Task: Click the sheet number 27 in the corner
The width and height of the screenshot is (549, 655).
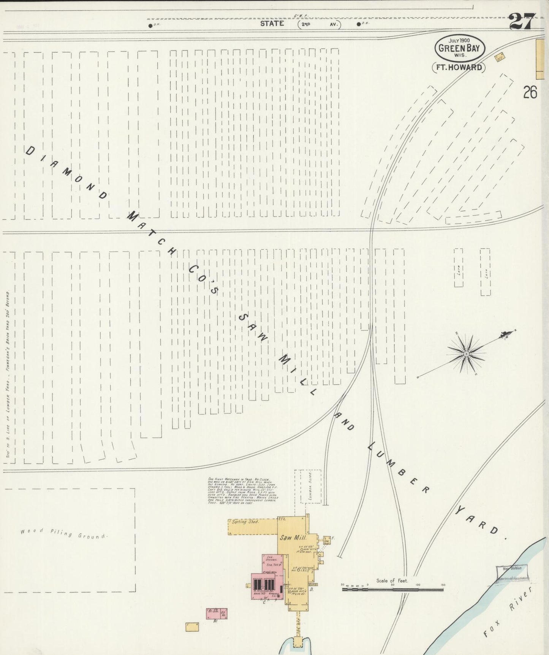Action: click(522, 21)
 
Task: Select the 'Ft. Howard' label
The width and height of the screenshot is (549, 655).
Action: click(459, 68)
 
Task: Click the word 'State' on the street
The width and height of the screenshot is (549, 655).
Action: click(272, 24)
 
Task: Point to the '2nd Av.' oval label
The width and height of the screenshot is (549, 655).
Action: click(319, 24)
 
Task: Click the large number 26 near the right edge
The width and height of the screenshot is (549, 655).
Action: click(530, 92)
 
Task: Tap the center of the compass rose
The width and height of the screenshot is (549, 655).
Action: click(466, 354)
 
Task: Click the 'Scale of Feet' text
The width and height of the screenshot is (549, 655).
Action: click(392, 580)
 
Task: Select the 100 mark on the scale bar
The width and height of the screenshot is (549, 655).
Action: click(418, 585)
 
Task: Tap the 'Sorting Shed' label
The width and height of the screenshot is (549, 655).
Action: click(245, 522)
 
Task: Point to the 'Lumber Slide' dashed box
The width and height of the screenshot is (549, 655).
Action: click(311, 487)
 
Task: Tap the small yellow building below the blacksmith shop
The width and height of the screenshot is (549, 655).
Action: click(192, 627)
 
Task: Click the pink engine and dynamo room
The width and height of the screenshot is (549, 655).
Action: click(272, 563)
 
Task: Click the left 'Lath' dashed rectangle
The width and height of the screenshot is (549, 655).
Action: click(459, 268)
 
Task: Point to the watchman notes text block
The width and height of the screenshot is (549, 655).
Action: click(243, 490)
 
